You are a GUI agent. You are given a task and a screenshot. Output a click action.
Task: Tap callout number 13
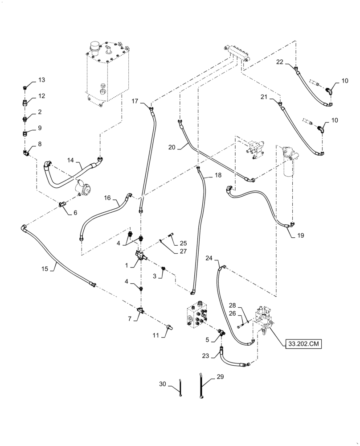(41, 80)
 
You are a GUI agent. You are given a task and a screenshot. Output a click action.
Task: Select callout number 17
(135, 101)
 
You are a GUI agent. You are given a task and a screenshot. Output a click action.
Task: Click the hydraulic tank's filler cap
(94, 46)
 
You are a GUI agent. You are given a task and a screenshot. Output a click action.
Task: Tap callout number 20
(172, 146)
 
